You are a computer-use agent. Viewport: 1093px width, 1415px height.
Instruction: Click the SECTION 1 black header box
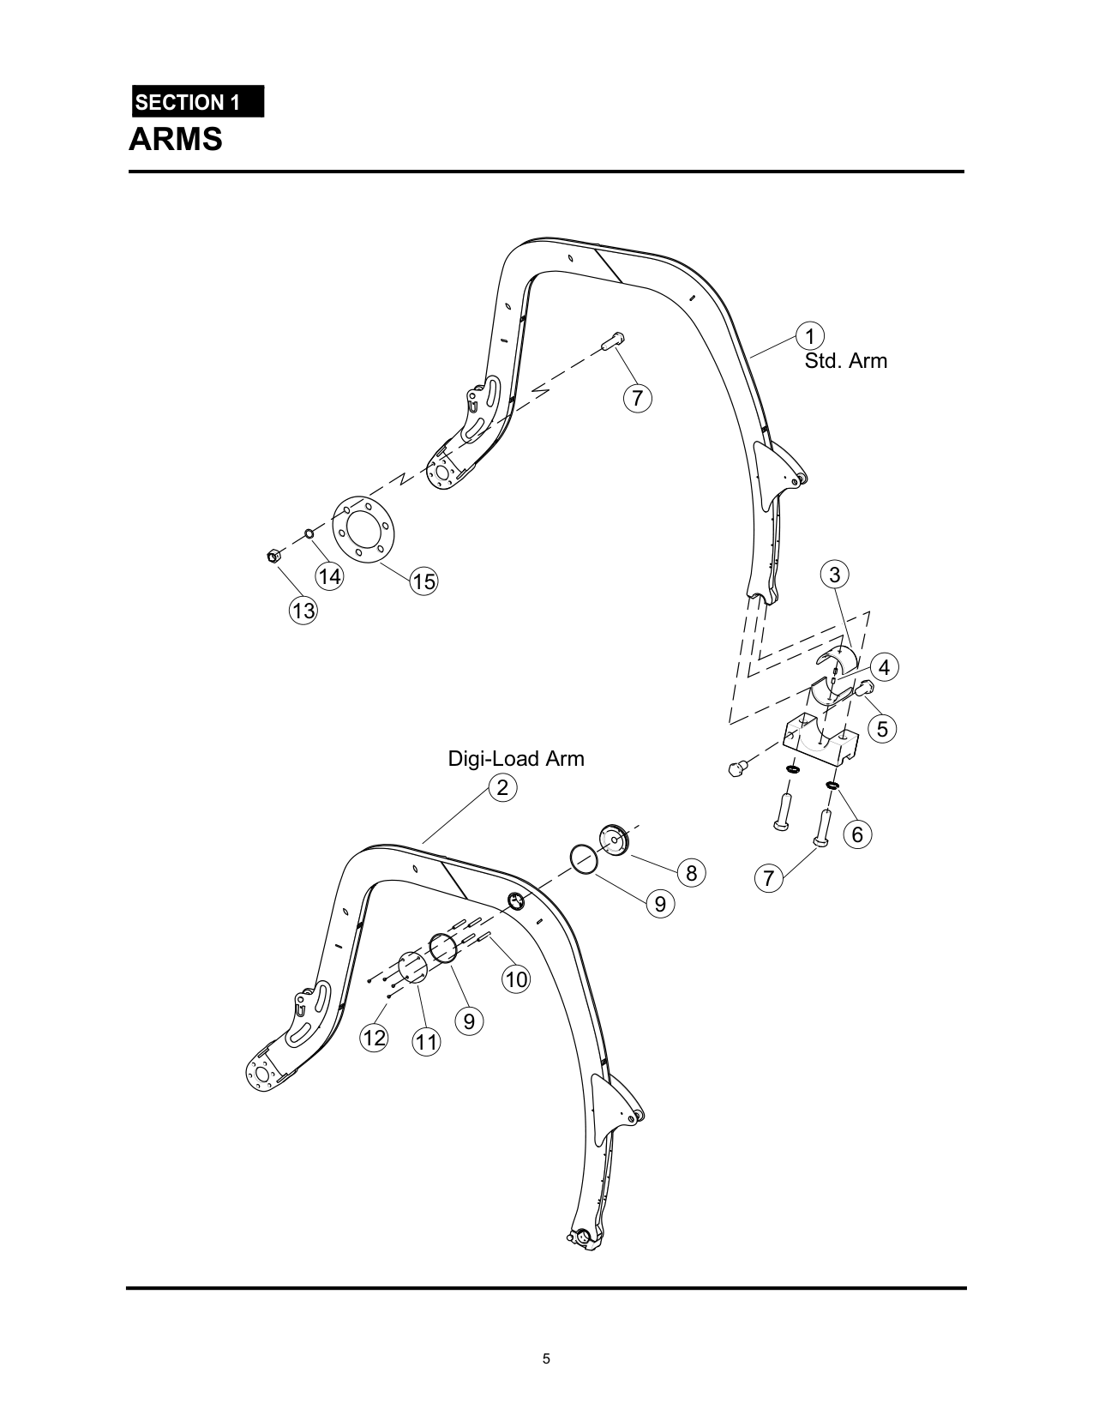[197, 102]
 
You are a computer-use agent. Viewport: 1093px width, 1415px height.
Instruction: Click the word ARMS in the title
[176, 139]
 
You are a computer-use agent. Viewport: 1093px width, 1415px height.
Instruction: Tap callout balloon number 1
[809, 335]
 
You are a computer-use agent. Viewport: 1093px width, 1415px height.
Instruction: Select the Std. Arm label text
[845, 361]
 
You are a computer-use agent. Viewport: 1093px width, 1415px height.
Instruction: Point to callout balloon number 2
[502, 787]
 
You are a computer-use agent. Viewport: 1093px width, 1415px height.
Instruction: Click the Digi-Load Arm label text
[516, 759]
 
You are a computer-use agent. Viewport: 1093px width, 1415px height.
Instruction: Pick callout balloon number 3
[835, 574]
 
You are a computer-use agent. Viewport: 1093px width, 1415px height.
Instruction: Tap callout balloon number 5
[882, 729]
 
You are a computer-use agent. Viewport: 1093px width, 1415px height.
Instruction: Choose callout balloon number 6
[857, 834]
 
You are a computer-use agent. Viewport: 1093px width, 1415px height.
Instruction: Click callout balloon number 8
[692, 873]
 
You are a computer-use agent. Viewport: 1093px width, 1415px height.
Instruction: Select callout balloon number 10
[516, 979]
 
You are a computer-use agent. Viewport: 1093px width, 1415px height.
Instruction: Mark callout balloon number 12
[375, 1039]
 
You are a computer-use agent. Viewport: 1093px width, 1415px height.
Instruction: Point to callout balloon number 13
[303, 611]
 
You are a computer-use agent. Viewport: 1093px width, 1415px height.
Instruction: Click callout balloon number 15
[423, 581]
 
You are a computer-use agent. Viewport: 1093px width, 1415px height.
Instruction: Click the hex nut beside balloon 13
[271, 557]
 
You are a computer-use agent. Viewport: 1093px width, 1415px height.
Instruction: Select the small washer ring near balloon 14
[309, 535]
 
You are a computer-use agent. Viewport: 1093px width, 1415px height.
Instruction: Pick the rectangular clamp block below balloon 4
[820, 739]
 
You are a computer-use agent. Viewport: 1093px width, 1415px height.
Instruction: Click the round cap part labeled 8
[614, 839]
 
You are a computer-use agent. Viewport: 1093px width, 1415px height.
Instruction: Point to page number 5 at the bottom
[546, 1358]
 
